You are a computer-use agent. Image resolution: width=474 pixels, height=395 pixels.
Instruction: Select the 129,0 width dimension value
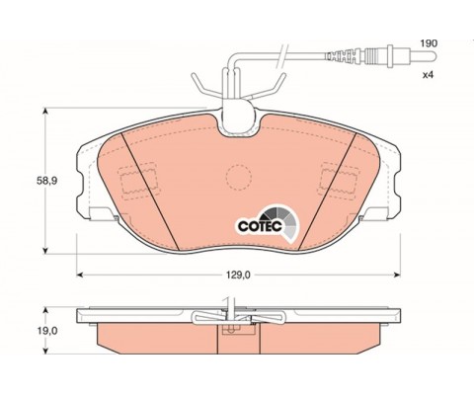pyautogui.click(x=238, y=275)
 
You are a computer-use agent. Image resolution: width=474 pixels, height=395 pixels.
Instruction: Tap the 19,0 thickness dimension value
pyautogui.click(x=47, y=331)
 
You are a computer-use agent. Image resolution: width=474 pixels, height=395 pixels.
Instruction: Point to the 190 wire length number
pyautogui.click(x=429, y=43)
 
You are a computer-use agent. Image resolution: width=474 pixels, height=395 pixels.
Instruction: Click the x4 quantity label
pyautogui.click(x=429, y=75)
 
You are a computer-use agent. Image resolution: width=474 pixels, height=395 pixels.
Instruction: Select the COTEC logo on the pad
pyautogui.click(x=268, y=223)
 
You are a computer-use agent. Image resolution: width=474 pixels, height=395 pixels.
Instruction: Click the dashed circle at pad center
pyautogui.click(x=239, y=177)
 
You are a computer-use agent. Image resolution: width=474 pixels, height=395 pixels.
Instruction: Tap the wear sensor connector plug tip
pyautogui.click(x=435, y=56)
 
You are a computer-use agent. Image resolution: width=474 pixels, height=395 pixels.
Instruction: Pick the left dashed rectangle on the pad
pyautogui.click(x=137, y=182)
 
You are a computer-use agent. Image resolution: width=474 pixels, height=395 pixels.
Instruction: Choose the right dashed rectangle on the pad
pyautogui.click(x=340, y=182)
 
